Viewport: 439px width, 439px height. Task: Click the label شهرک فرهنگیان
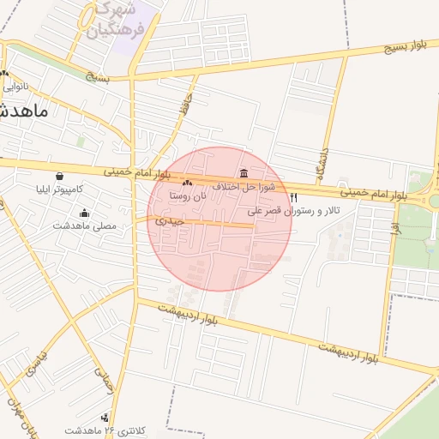tap(116, 23)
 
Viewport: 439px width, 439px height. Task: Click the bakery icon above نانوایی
tap(5, 73)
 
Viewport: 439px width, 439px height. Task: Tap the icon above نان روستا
tap(188, 183)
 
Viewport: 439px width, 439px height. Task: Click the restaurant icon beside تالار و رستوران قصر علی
tap(294, 198)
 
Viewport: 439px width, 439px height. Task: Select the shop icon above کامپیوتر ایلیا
tap(58, 176)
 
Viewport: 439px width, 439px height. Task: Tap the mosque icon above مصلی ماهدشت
tap(84, 213)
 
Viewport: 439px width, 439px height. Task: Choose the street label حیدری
tap(170, 221)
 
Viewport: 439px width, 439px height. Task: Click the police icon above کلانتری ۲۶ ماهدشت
tap(105, 418)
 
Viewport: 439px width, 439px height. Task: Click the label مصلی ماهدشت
tap(84, 226)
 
